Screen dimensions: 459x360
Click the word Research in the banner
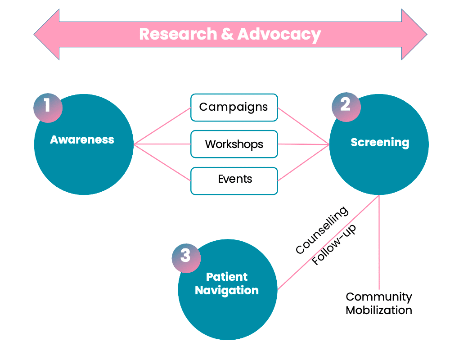pos(178,34)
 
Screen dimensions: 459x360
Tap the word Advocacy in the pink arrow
pos(279,35)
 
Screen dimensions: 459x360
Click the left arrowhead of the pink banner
pos(47,35)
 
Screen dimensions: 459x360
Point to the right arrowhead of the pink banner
pos(414,35)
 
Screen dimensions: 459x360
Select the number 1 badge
pos(48,108)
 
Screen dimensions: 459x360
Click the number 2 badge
pos(346,107)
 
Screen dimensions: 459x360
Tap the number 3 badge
pos(186,258)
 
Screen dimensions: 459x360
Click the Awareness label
pos(82,139)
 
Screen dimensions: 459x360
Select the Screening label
pos(380,143)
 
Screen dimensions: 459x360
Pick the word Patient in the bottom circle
pos(227,277)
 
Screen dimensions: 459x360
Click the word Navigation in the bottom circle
pos(227,291)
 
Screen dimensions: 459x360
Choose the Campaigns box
pos(234,108)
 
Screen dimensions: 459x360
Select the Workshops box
pos(234,144)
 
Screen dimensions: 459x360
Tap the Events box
pos(234,181)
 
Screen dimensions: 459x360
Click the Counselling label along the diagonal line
pos(322,230)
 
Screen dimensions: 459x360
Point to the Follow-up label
pos(334,245)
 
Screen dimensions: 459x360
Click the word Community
pos(379,297)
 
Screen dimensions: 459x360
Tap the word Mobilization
pos(379,310)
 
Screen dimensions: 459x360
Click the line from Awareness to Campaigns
pos(162,126)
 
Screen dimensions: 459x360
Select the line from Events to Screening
pos(304,162)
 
